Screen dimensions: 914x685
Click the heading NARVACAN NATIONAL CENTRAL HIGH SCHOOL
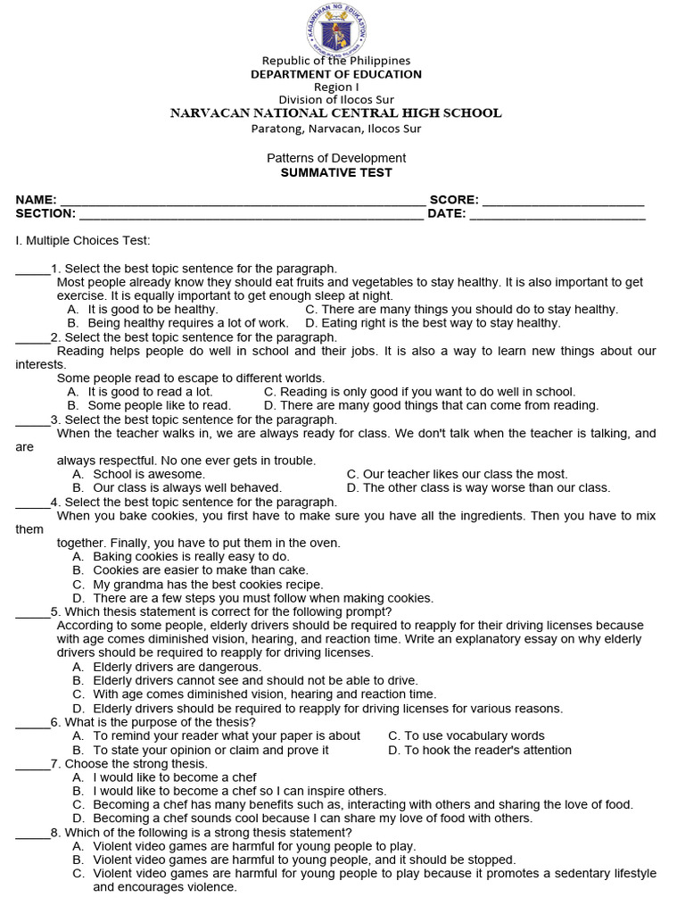[336, 113]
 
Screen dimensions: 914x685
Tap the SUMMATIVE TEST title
[336, 172]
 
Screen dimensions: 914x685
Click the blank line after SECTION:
[251, 215]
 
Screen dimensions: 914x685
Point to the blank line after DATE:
[557, 215]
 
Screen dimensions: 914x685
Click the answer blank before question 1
[33, 270]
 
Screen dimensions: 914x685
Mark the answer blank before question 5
[33, 612]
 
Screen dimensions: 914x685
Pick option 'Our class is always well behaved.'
[187, 488]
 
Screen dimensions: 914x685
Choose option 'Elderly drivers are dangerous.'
[177, 667]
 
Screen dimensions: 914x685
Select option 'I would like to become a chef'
[175, 777]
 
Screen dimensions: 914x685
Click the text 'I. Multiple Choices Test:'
[83, 241]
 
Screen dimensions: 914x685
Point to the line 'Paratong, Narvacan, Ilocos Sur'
[336, 129]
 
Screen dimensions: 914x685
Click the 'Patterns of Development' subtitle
[336, 158]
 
